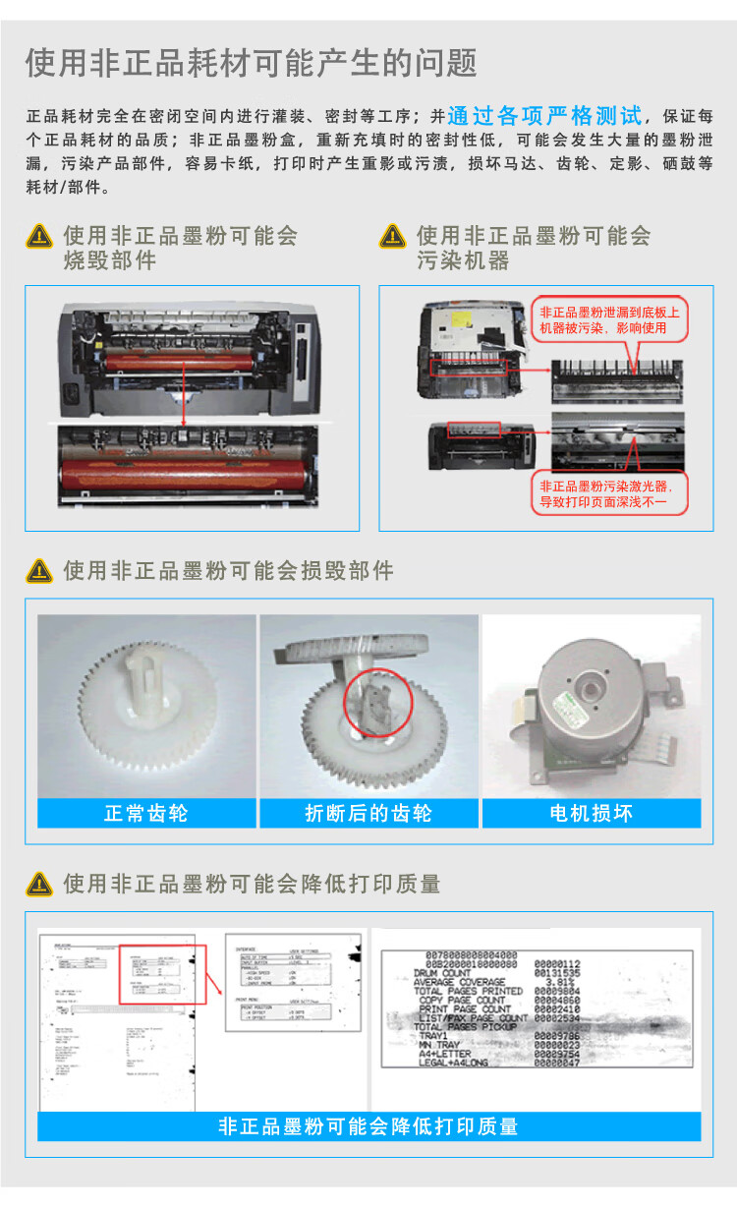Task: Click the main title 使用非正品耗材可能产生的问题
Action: coord(251,63)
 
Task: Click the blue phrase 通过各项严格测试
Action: coord(543,116)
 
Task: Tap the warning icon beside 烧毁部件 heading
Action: coord(39,236)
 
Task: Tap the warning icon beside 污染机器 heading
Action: coord(392,236)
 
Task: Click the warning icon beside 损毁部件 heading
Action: coord(39,570)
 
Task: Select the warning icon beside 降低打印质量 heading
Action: coord(39,884)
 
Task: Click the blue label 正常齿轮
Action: coord(145,813)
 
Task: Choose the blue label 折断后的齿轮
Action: coord(368,813)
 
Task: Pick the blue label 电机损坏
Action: coord(591,813)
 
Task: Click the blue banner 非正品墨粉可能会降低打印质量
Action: coord(368,1126)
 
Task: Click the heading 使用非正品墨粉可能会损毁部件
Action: coord(228,571)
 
